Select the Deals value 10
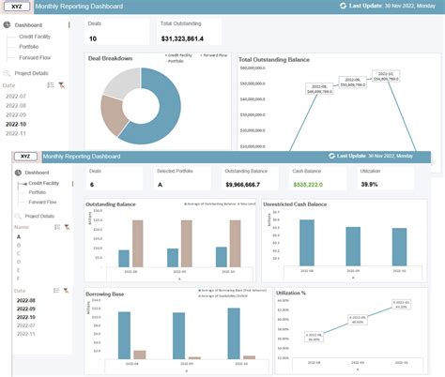(x=93, y=38)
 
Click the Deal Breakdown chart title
(x=110, y=58)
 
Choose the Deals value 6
(x=92, y=185)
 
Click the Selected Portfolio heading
(x=174, y=172)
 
